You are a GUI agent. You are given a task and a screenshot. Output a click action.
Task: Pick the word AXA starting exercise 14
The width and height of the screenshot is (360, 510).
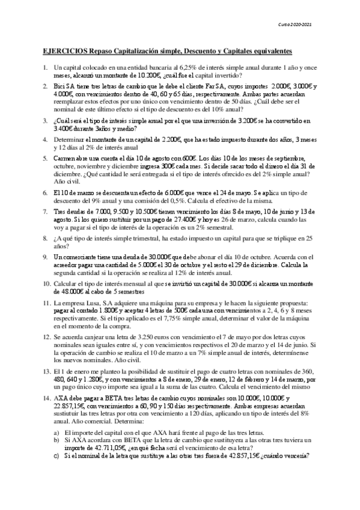(61, 399)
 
